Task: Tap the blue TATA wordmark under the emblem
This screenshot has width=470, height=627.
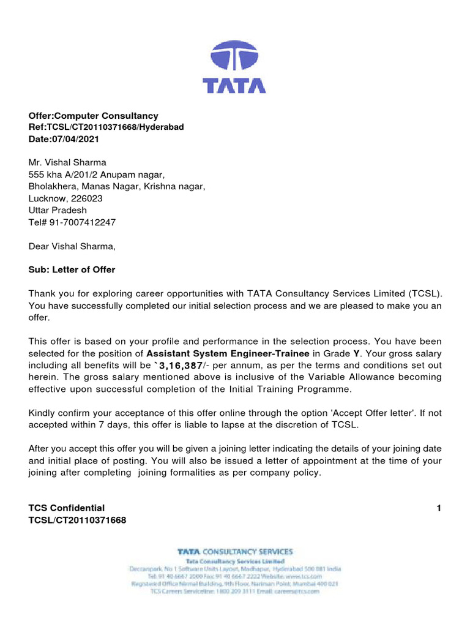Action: coord(234,84)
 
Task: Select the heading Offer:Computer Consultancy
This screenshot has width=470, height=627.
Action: coord(93,116)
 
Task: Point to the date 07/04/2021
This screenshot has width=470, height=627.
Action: coord(75,139)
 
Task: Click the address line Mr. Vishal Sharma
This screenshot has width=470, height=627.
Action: coord(67,163)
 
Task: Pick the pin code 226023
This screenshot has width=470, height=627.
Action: coord(85,198)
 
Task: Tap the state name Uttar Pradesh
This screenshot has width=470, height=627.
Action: coord(58,210)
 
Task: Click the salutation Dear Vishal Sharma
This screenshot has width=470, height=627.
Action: coord(72,246)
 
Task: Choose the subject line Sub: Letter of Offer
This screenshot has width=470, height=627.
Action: coord(72,270)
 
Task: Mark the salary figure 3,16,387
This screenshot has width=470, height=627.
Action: coord(181,366)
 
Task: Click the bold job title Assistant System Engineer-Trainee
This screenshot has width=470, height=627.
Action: coord(228,353)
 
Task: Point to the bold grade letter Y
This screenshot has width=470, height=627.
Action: coord(356,353)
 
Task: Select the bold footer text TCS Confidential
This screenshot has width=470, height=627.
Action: coord(67,508)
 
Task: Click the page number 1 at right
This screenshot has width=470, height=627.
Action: coord(438,508)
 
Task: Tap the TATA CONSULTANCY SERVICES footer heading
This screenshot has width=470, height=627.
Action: coord(235,552)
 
